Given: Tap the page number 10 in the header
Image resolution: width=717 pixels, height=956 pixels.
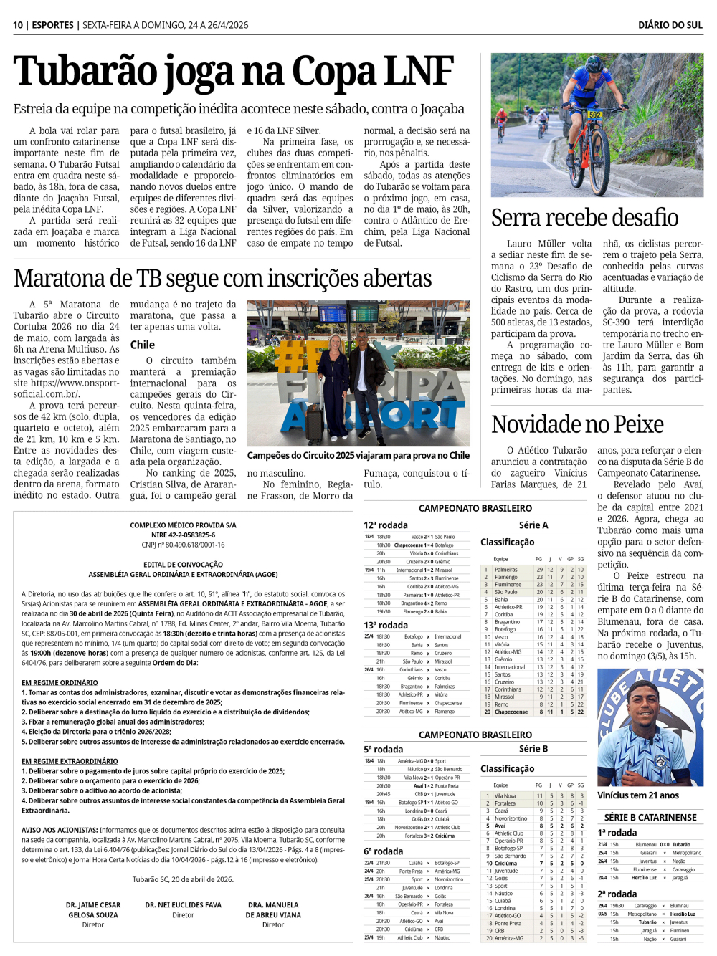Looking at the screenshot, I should pos(18,25).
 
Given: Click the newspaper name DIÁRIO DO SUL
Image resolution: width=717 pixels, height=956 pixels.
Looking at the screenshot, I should pos(670,25).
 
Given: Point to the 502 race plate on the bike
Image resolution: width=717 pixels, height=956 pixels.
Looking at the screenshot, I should pos(594,115).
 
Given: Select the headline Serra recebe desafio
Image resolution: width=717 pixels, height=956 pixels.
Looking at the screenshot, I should pos(584,217).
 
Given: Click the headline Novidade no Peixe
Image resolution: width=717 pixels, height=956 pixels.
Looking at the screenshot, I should pos(577,424).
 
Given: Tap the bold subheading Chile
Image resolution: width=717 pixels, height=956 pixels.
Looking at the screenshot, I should pos(142,345).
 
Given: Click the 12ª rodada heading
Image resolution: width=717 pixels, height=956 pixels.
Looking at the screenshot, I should pos(385,525).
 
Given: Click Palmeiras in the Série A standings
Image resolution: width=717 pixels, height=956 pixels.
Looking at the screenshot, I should pos(506,570).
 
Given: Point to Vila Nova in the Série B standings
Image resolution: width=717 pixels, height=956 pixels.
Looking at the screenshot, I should pos(505,795).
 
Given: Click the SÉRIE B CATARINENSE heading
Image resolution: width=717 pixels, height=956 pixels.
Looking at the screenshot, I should pos(650,817).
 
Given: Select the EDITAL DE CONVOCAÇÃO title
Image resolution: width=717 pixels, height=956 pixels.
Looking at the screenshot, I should pos(183,565).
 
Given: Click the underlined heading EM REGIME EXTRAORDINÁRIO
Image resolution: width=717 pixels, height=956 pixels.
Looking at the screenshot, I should pos(70,761).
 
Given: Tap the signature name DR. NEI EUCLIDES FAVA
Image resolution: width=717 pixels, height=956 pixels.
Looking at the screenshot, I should pos(183,905).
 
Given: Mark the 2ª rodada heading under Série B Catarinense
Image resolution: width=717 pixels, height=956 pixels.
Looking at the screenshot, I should pos(617,894).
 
